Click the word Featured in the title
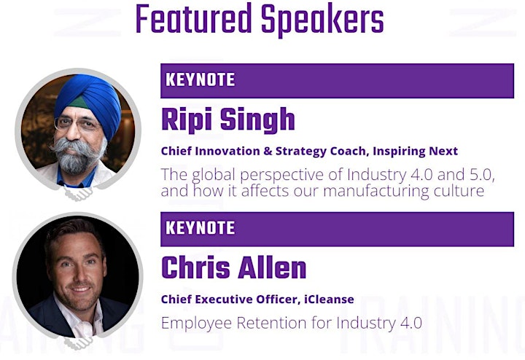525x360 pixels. (193, 18)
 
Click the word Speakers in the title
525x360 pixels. (322, 20)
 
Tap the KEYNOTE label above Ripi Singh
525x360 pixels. (201, 80)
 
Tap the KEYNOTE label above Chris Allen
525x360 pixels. (201, 228)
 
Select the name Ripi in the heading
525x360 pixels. (187, 120)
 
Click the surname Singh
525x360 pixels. (257, 120)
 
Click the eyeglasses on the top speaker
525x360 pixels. (77, 123)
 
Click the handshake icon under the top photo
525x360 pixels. (78, 193)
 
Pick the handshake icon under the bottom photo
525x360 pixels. (78, 343)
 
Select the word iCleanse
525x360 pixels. (329, 299)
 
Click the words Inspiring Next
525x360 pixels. (415, 152)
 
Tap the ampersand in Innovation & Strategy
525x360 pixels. (268, 152)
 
